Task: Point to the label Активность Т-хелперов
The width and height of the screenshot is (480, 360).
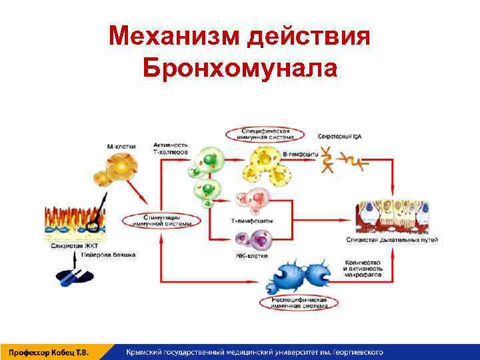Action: [171, 148]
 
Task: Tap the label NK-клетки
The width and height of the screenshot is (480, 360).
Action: [249, 255]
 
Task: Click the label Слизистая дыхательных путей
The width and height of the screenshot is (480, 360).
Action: [396, 239]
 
